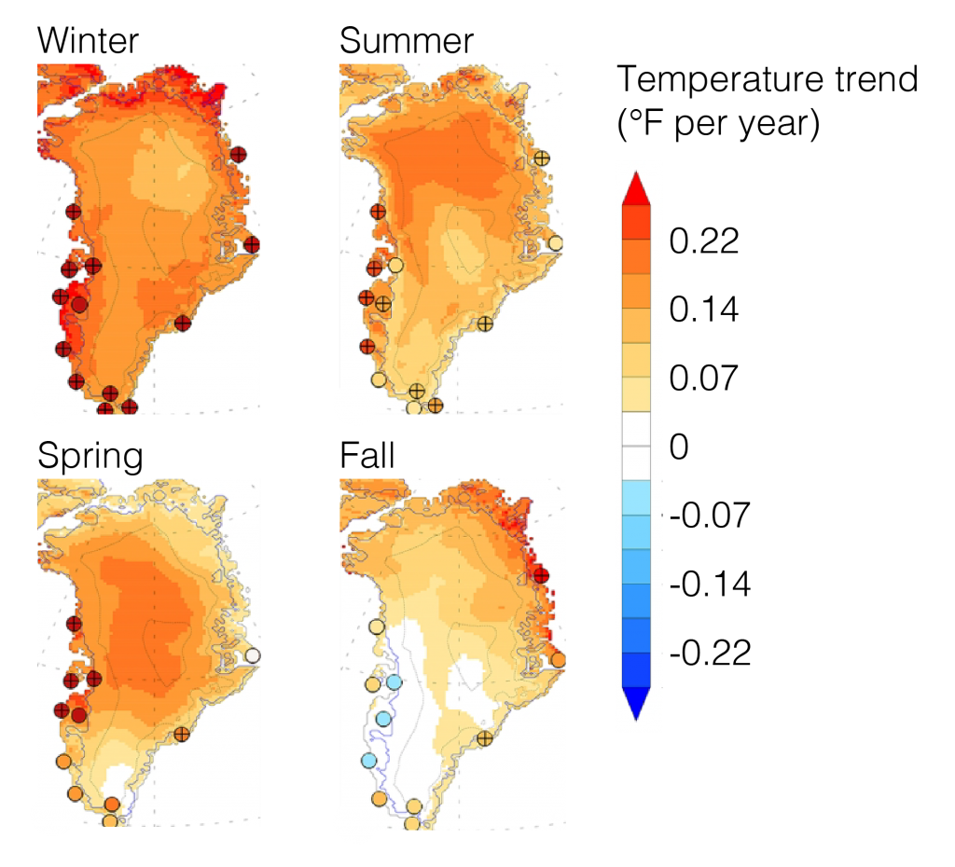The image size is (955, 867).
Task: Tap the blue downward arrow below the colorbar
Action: (636, 703)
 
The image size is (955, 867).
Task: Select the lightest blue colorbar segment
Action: (636, 497)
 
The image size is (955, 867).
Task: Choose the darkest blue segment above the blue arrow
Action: (636, 668)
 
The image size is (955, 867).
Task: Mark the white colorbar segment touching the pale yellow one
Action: (636, 429)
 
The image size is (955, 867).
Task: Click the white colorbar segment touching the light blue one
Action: (636, 462)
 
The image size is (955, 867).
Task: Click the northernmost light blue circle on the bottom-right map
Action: (394, 682)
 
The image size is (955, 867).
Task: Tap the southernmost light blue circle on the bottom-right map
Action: (368, 760)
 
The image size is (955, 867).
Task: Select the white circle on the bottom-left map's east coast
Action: (252, 655)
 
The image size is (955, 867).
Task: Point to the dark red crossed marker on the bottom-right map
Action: (540, 575)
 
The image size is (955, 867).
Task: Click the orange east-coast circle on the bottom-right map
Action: (558, 660)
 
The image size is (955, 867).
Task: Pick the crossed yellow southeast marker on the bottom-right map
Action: (485, 738)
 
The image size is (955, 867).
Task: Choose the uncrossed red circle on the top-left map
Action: (79, 304)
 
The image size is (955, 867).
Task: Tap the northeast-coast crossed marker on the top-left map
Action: (238, 155)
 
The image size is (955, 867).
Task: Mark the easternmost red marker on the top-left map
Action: (252, 245)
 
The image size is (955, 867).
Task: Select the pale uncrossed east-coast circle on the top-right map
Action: (555, 243)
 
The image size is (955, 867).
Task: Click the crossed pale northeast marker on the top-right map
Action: (541, 158)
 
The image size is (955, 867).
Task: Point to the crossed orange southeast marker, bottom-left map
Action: (182, 734)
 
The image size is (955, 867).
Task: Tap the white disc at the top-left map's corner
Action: (51, 405)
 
